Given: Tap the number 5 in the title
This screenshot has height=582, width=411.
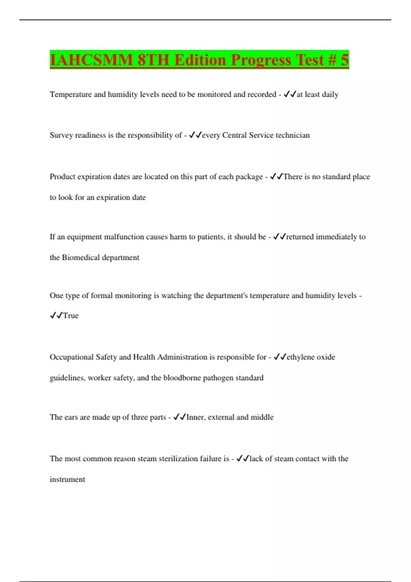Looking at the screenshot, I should tap(344, 60).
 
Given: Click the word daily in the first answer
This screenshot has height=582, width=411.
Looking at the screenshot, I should tap(330, 94).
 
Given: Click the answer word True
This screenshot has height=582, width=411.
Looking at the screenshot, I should tap(71, 316).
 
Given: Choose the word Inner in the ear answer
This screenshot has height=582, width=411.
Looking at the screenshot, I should tap(195, 417).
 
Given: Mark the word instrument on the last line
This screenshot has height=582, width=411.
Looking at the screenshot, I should tap(67, 479).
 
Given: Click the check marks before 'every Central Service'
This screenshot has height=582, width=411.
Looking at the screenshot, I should tap(195, 135).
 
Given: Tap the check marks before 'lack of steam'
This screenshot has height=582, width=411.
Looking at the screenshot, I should tap(242, 458).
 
